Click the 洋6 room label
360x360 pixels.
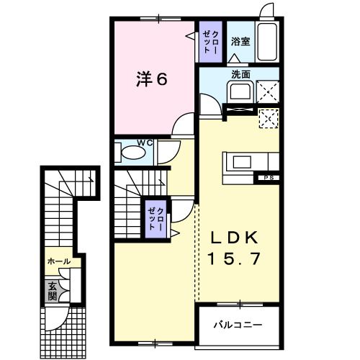click(152, 79)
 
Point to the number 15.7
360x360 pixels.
click(233, 258)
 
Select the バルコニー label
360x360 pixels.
click(237, 325)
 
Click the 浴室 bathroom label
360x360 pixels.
click(240, 42)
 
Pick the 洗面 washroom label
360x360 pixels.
click(240, 73)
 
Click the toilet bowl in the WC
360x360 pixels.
click(132, 153)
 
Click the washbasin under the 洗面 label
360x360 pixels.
click(238, 92)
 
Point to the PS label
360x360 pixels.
click(269, 177)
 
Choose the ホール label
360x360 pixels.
click(59, 261)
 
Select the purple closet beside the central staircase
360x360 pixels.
click(155, 216)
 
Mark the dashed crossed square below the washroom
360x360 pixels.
click(269, 118)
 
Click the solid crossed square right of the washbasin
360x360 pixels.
click(269, 91)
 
